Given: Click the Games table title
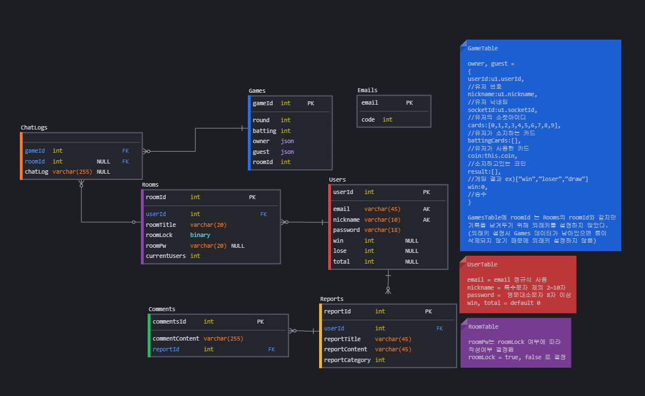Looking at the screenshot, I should (x=257, y=91).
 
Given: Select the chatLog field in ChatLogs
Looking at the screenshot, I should (x=36, y=171).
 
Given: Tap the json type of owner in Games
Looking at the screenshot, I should (x=287, y=141).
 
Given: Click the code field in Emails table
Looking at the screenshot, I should (x=368, y=119).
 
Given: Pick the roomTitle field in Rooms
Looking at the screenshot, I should (x=161, y=225).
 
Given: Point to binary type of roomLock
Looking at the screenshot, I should (x=200, y=235).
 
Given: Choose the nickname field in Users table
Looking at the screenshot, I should (x=346, y=219).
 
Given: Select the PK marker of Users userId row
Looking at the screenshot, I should (x=426, y=192).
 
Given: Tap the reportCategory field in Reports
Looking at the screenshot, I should (x=347, y=360).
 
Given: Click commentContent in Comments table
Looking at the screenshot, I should (x=175, y=338).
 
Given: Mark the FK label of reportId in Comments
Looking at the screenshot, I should (x=272, y=349).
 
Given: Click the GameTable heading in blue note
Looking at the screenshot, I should (x=483, y=49).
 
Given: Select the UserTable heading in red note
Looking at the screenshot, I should (x=482, y=264).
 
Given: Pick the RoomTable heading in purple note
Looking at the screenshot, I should (x=483, y=326).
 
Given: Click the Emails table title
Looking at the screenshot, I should (x=367, y=90).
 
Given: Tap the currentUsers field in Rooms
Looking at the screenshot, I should (x=165, y=256).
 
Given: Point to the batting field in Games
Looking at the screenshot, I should (x=264, y=131).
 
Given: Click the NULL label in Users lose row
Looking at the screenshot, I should (x=411, y=251).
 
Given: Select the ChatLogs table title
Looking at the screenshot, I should (x=34, y=127).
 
